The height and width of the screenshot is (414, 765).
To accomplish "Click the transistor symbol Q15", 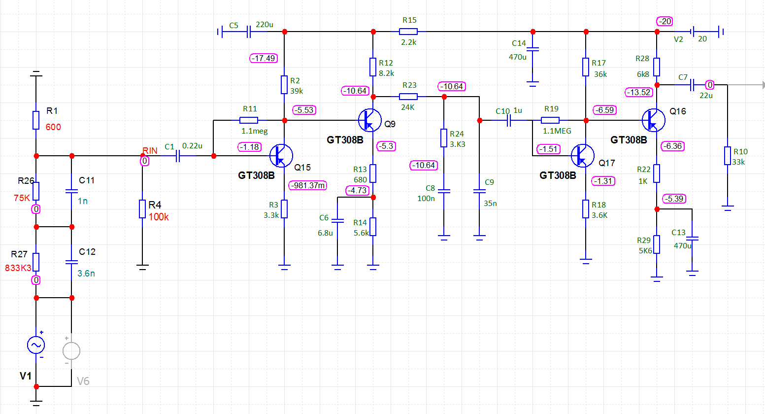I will [x=281, y=156].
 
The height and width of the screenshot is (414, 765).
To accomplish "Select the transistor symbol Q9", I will [x=369, y=120].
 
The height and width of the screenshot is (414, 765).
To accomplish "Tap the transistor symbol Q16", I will [x=653, y=120].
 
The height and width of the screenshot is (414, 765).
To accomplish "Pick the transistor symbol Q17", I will [x=583, y=156].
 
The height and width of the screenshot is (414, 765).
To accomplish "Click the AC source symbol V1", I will [x=36, y=345].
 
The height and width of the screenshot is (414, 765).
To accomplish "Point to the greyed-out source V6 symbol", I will [x=71, y=350].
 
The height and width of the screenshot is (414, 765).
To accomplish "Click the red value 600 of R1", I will [x=53, y=127].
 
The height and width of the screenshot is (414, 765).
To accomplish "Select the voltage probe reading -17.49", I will [x=264, y=58].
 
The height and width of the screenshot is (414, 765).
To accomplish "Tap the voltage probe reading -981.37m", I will [x=308, y=185].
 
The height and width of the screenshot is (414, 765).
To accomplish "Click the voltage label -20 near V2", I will [x=665, y=21].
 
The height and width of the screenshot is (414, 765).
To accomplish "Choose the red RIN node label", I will [x=150, y=150].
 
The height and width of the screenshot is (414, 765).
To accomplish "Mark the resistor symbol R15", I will [x=408, y=32].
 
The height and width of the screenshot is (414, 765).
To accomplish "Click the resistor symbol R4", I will [x=142, y=209].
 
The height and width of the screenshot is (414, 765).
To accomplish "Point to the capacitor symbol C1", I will [x=178, y=156].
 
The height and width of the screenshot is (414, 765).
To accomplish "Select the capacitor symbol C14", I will [x=533, y=49].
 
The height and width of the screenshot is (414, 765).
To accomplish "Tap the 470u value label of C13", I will [x=682, y=245].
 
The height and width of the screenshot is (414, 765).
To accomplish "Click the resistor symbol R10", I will [x=727, y=156].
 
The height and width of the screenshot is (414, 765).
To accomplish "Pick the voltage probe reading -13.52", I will [x=639, y=92].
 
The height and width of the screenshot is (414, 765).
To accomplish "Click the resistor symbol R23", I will [x=408, y=97].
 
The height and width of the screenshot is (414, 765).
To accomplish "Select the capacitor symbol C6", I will [x=337, y=219].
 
